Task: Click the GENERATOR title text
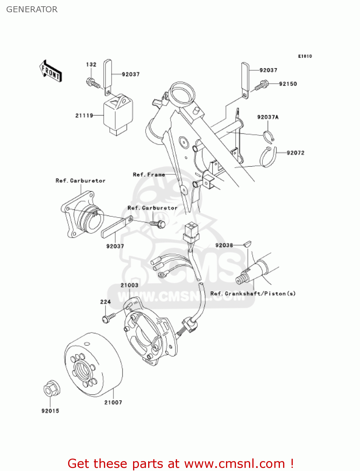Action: pos(32,9)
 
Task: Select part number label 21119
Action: pos(84,116)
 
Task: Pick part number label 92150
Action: pos(288,84)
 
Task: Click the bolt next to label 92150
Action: pos(262,85)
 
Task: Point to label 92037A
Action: pos(268,117)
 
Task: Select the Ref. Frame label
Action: pos(149,175)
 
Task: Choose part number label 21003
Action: pos(129,285)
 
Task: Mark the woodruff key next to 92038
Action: pos(247,243)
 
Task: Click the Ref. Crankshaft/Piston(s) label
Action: pos(253,294)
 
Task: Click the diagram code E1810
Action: pos(305,56)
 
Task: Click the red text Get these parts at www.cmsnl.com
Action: pos(180,463)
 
